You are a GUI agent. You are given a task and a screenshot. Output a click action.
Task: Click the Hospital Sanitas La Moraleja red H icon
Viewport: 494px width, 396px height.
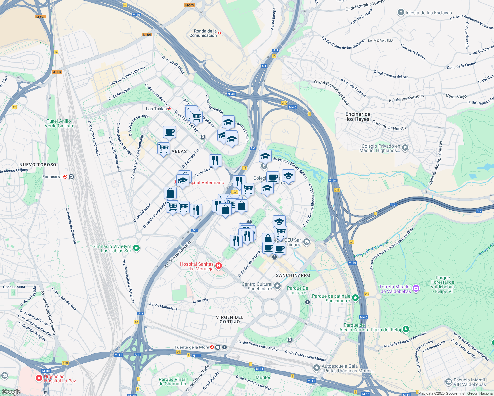point(218,266)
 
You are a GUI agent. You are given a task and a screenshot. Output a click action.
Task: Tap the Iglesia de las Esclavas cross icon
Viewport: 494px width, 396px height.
point(401,13)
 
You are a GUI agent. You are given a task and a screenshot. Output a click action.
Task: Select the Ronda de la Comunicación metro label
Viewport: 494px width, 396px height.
point(203,33)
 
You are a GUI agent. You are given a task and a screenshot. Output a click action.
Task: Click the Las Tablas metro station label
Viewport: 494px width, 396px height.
point(157,109)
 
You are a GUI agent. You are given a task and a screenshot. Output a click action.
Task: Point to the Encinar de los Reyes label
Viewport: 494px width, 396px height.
point(358,116)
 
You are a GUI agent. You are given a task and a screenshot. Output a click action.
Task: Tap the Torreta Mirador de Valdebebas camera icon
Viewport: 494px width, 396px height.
point(416,289)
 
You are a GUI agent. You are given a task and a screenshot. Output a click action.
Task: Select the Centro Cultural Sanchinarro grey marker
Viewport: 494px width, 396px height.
point(277,286)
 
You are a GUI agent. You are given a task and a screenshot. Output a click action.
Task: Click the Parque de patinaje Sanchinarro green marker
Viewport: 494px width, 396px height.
point(355,298)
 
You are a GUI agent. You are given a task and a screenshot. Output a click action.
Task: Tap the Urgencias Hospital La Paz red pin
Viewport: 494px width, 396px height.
point(39,378)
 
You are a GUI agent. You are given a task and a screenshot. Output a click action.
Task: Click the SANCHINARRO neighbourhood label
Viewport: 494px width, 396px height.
point(293,275)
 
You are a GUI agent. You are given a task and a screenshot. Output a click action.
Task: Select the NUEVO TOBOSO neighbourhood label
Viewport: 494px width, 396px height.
point(38,165)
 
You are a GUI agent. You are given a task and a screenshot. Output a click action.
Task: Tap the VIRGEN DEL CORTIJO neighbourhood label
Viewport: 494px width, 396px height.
point(230,319)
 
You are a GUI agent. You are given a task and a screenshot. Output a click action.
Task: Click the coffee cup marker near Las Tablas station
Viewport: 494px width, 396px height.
point(169,132)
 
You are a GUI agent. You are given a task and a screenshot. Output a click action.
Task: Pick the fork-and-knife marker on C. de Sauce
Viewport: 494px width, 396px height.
point(215,161)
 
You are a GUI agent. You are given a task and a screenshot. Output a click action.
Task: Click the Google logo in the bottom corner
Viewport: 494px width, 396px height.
point(11,392)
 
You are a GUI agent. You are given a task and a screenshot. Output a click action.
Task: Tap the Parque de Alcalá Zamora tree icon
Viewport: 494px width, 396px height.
point(406,329)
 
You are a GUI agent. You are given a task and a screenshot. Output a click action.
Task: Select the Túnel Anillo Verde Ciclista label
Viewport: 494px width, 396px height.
point(59,123)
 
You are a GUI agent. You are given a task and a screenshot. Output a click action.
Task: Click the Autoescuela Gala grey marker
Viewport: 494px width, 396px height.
point(317,368)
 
